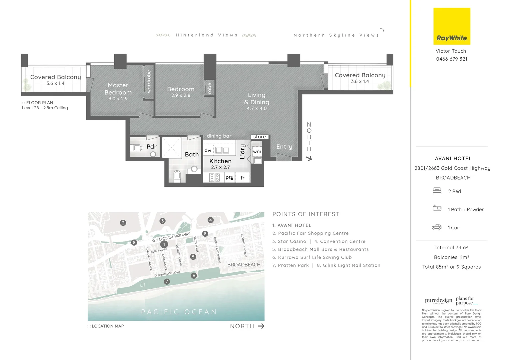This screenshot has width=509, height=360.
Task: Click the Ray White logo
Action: pos(452,27)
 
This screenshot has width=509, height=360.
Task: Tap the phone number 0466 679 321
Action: pos(451,59)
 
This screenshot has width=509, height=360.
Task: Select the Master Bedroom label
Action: pos(118,89)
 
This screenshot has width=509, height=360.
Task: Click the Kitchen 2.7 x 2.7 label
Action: pos(220,164)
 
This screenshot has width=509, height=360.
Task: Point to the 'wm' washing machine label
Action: pos(257,151)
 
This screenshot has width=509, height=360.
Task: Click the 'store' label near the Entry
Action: pos(259,137)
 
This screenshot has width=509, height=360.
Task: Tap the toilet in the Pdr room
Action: pos(137,148)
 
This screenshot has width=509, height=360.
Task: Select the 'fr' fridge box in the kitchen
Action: pos(243,178)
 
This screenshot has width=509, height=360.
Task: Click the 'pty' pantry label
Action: pos(230,177)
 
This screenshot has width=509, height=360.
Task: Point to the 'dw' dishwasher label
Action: pos(208,150)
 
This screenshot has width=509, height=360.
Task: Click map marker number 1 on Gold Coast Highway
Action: pos(164,244)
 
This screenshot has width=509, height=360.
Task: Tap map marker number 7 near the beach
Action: pos(167,282)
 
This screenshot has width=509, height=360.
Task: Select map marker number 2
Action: pos(123,223)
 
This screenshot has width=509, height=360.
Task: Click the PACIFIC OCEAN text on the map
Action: pos(179,312)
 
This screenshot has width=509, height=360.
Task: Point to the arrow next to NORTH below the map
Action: pos(261,326)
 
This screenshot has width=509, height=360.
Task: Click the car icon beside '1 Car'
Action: pos(436,227)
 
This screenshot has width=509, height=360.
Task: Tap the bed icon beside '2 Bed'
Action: pos(437,191)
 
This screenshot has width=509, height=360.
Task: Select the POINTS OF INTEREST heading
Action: pos(305,214)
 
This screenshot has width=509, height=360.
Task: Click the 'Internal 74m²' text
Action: pos(451,248)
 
